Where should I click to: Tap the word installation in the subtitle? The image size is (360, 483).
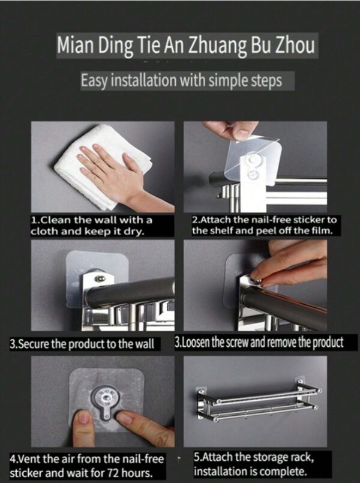click(144, 81)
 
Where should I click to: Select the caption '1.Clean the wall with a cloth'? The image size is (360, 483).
click(92, 226)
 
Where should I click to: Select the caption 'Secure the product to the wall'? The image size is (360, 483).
click(85, 343)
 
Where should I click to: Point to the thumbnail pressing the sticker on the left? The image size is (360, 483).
click(83, 417)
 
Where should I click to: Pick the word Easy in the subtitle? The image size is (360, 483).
click(94, 82)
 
